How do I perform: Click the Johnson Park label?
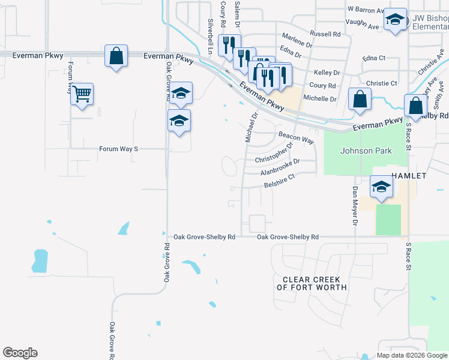365,151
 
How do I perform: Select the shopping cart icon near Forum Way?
82,94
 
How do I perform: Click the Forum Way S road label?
119,148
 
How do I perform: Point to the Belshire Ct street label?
280,181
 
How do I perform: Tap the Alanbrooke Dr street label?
280,167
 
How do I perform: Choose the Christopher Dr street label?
274,154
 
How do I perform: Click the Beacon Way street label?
297,137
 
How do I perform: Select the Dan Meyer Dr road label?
355,206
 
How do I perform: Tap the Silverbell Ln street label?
211,37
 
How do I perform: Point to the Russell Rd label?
324,34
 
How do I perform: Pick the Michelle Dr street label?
320,98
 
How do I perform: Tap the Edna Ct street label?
373,58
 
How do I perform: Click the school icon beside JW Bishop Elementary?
396,21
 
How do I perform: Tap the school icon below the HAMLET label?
381,187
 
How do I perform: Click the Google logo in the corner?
20,353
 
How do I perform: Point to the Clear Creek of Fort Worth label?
312,284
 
